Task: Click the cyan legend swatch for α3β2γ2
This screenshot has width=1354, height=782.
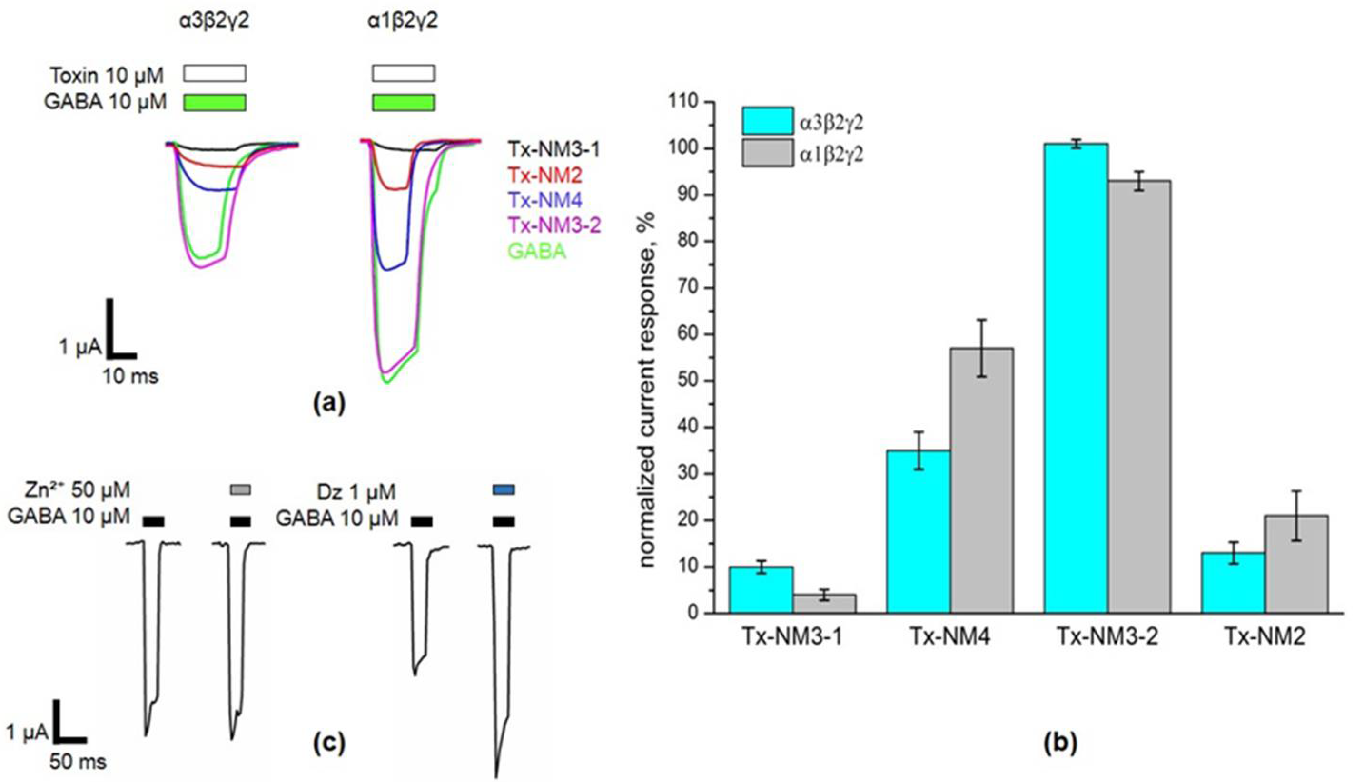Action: coord(768,121)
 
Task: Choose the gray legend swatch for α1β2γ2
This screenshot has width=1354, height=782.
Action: coord(768,153)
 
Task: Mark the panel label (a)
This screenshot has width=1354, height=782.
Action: coord(329,402)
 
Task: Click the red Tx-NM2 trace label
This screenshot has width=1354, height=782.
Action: coord(545,175)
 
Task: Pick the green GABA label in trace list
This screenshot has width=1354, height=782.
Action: coord(537,251)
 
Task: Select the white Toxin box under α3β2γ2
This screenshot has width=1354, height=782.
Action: coord(215,73)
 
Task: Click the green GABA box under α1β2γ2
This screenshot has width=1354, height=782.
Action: coord(404,102)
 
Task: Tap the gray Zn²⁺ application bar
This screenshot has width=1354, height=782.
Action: coord(240,490)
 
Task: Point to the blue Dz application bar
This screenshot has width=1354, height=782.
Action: coord(504,490)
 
